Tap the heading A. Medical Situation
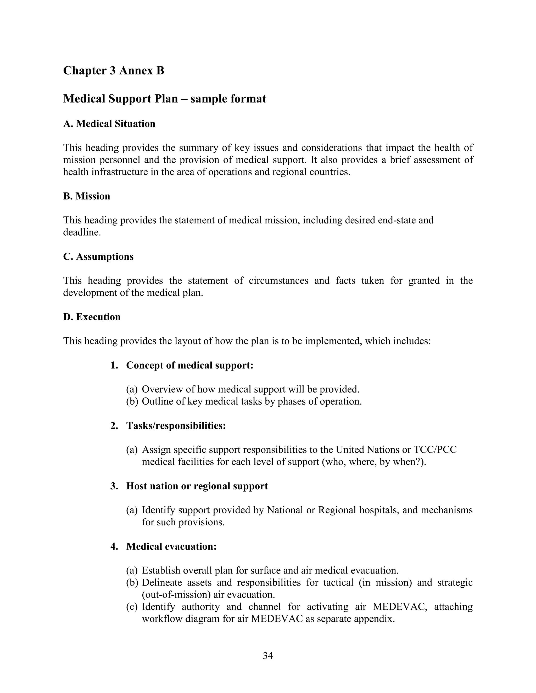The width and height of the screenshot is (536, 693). [x=109, y=124]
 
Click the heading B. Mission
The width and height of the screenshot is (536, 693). [x=87, y=196]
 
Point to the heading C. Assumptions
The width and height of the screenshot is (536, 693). [x=98, y=256]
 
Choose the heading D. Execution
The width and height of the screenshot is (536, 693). [x=92, y=317]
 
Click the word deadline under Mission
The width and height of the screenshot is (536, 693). [x=82, y=232]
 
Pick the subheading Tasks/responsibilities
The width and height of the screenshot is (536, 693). [x=176, y=425]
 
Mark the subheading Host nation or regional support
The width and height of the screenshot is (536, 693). [x=197, y=486]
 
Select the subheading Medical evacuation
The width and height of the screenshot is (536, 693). [x=171, y=546]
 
